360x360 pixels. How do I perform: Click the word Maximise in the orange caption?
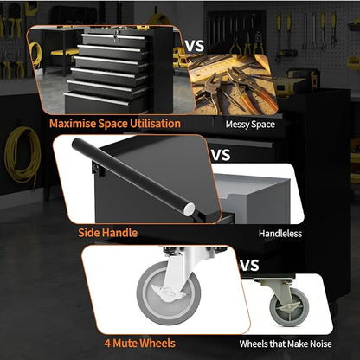pyautogui.click(x=73, y=124)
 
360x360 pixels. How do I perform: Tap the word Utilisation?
pyautogui.click(x=155, y=124)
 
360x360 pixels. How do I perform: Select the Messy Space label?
pyautogui.click(x=250, y=125)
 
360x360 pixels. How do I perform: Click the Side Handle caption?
pyautogui.click(x=107, y=233)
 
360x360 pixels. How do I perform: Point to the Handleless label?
pyautogui.click(x=280, y=234)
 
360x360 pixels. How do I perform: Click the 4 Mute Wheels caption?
pyautogui.click(x=140, y=344)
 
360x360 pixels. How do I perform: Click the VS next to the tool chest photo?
pyautogui.click(x=194, y=46)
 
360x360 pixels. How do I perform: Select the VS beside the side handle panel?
pyautogui.click(x=221, y=155)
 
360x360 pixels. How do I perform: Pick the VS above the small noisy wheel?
pyautogui.click(x=249, y=266)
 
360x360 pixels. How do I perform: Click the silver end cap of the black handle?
pyautogui.click(x=190, y=209)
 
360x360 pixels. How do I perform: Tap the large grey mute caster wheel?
pyautogui.click(x=169, y=293)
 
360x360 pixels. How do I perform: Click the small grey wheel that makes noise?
pyautogui.click(x=289, y=306)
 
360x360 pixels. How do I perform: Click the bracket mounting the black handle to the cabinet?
pyautogui.click(x=97, y=170)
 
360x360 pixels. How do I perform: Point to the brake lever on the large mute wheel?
pyautogui.click(x=163, y=292)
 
